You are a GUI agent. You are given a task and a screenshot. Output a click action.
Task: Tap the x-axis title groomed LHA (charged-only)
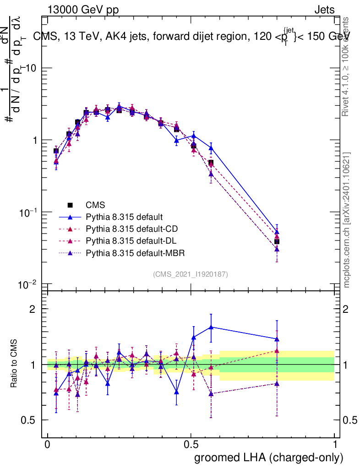(269, 457)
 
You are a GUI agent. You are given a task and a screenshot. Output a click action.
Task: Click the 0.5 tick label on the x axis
(191, 445)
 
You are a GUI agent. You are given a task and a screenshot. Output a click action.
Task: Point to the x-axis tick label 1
(335, 445)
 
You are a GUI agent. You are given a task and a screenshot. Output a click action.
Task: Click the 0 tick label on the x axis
(47, 445)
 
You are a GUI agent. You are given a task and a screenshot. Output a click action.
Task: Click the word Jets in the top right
(324, 10)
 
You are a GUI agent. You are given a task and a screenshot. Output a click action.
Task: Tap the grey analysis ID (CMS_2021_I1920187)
(191, 274)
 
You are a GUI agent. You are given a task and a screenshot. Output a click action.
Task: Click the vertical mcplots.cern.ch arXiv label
(347, 220)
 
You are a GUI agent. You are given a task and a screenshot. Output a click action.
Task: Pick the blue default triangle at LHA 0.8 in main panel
(277, 232)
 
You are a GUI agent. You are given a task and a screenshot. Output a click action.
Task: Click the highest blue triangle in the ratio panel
(211, 327)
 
